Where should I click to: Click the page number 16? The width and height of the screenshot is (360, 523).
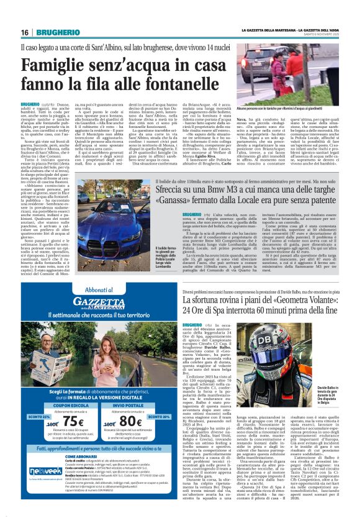[x=24, y=32]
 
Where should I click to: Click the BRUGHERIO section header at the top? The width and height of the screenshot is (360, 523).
[x=52, y=32]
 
